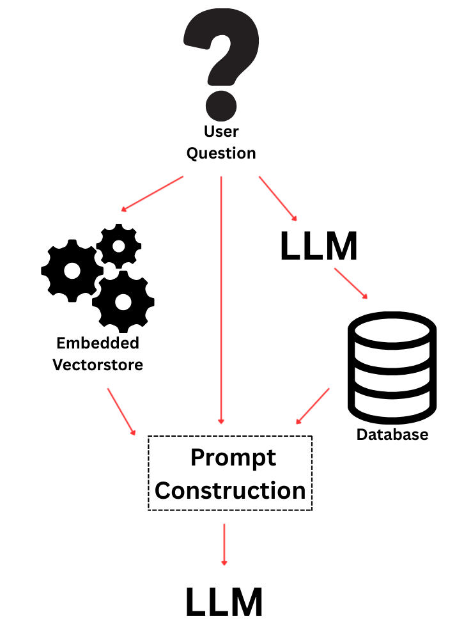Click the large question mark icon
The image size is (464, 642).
point(221,61)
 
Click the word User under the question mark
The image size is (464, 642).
point(221,132)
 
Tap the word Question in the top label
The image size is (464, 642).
point(221,153)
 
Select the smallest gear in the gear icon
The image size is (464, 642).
point(118,246)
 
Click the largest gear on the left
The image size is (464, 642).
point(72,271)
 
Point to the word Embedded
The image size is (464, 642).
point(98,343)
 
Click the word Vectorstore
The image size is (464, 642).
point(98,365)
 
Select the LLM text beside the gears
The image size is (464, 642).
point(319,247)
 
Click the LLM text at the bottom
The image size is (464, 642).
point(224,602)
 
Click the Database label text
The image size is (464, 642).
point(392,435)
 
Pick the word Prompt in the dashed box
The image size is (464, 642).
point(233,458)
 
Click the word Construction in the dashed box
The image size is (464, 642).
point(230,490)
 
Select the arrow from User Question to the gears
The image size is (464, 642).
point(153,193)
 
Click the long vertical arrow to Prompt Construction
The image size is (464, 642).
point(220,301)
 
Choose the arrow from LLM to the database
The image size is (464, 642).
point(351,283)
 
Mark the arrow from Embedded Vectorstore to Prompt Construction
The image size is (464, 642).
point(121,411)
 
